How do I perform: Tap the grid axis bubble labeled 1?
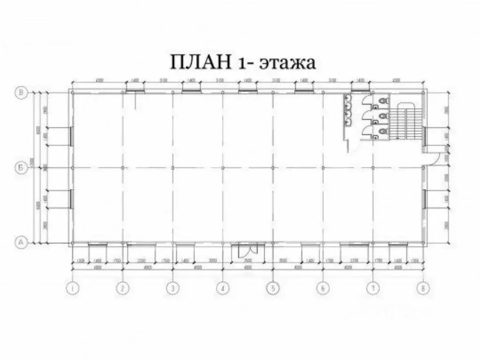pyautogui.click(x=73, y=289)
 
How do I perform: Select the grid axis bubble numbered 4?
pyautogui.click(x=223, y=289)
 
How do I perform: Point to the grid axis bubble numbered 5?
pyautogui.click(x=273, y=289)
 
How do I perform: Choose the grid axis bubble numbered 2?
pyautogui.click(x=123, y=289)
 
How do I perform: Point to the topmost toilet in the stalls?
pyautogui.click(x=384, y=100)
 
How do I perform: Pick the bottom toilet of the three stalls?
pyautogui.click(x=384, y=131)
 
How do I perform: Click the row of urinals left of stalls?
pyautogui.click(x=348, y=111)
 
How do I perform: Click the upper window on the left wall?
pyautogui.click(x=70, y=135)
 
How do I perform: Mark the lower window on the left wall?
pyautogui.click(x=70, y=199)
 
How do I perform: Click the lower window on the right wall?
pyautogui.click(x=425, y=199)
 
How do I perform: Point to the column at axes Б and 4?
pyautogui.click(x=223, y=167)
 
